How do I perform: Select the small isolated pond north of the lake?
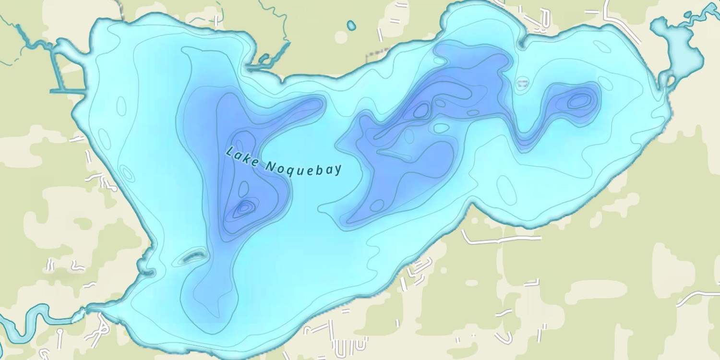coord(351,25)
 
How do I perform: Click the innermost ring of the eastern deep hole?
coord(579,101)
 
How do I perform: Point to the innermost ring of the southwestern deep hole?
coord(245,207)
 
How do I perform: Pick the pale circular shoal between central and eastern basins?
coord(522,84)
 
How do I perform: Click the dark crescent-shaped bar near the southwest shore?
coord(193,257)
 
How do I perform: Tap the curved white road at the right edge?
coord(698,295)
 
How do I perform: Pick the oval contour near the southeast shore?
coord(506,190)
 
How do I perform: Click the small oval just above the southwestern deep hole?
coord(243,188)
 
